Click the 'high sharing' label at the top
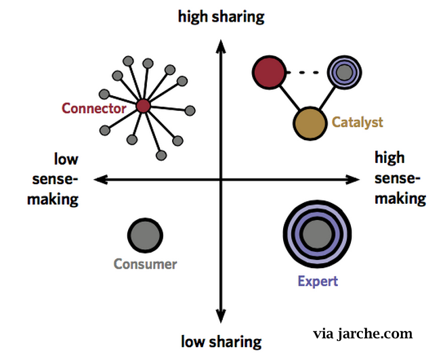point(221,16)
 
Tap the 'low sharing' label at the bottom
point(221,341)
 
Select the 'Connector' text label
point(93,108)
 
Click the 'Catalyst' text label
point(357,122)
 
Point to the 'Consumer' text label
point(145,265)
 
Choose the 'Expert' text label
point(318,281)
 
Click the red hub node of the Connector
point(142,106)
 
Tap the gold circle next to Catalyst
point(310,122)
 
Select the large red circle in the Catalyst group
point(268,72)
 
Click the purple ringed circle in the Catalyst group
point(342,71)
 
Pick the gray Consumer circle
point(145,235)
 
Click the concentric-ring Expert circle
point(315,235)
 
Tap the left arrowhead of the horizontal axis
point(99,179)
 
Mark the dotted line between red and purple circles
point(305,71)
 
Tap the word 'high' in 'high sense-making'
point(389,158)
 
